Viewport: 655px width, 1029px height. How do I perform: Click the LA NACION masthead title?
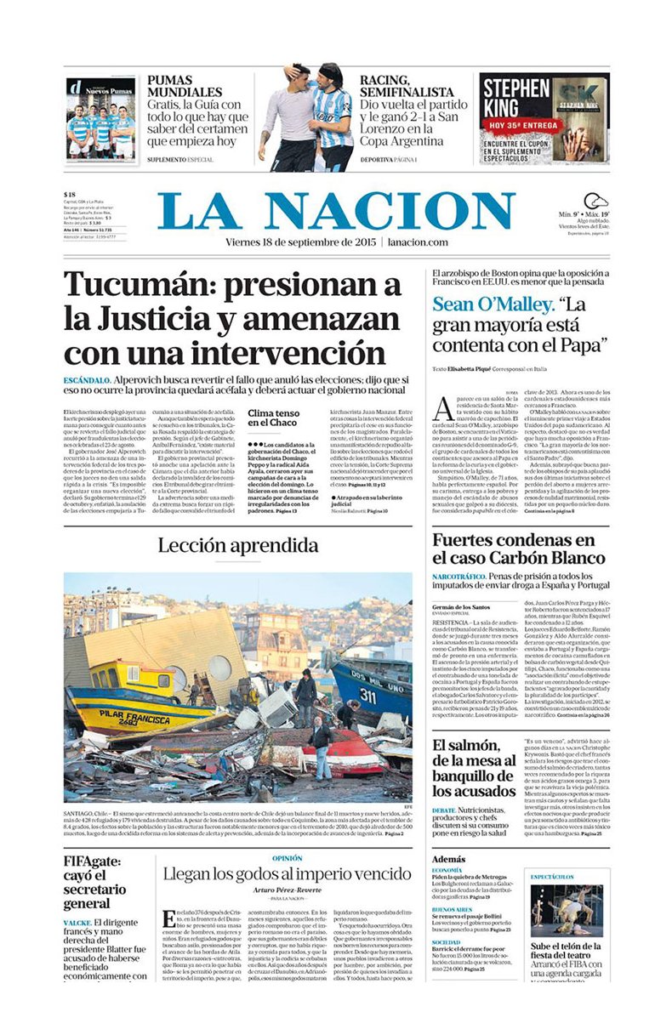tap(336, 211)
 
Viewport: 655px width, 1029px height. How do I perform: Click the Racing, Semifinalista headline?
tap(407, 86)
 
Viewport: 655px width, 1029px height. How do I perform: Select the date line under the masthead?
tap(336, 242)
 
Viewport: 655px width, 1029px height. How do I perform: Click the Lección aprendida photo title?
tap(238, 545)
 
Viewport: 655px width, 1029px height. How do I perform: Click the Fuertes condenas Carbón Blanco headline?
tap(519, 549)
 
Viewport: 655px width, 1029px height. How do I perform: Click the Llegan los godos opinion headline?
tap(287, 873)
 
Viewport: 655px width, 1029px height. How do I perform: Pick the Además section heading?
tap(448, 859)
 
